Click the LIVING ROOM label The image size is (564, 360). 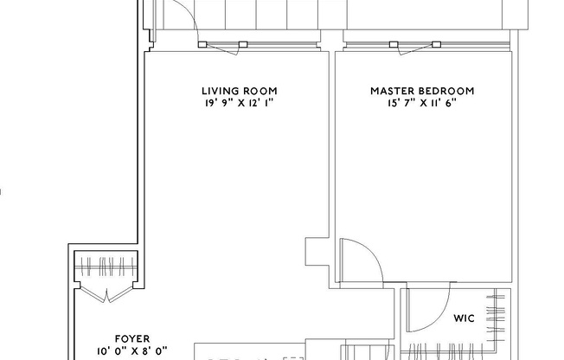tap(240, 91)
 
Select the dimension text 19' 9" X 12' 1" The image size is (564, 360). tap(240, 103)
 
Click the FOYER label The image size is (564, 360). tap(133, 339)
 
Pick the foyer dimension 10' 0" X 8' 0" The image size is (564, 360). tap(133, 352)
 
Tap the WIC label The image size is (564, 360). tap(464, 318)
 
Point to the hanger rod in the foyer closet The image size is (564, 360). tap(106, 263)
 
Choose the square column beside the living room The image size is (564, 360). tap(316, 253)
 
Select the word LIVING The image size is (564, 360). tap(220, 91)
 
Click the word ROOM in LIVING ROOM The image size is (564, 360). tap(261, 91)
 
